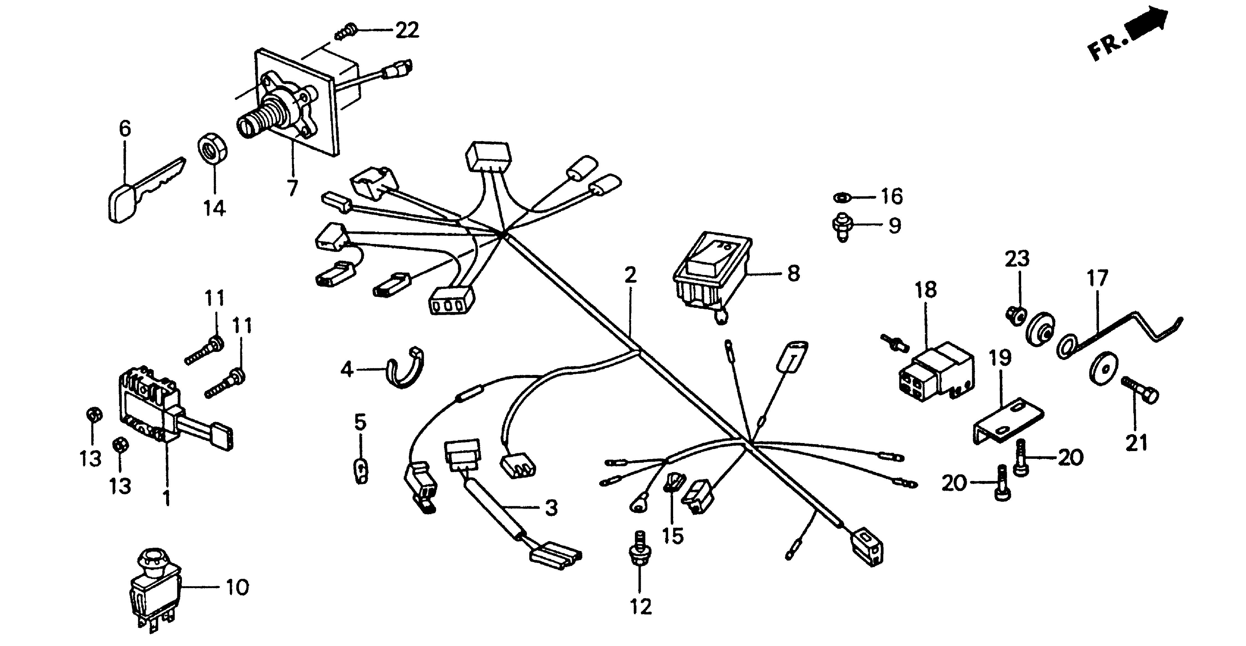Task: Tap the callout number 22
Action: click(x=407, y=30)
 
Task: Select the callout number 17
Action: click(x=1097, y=279)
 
